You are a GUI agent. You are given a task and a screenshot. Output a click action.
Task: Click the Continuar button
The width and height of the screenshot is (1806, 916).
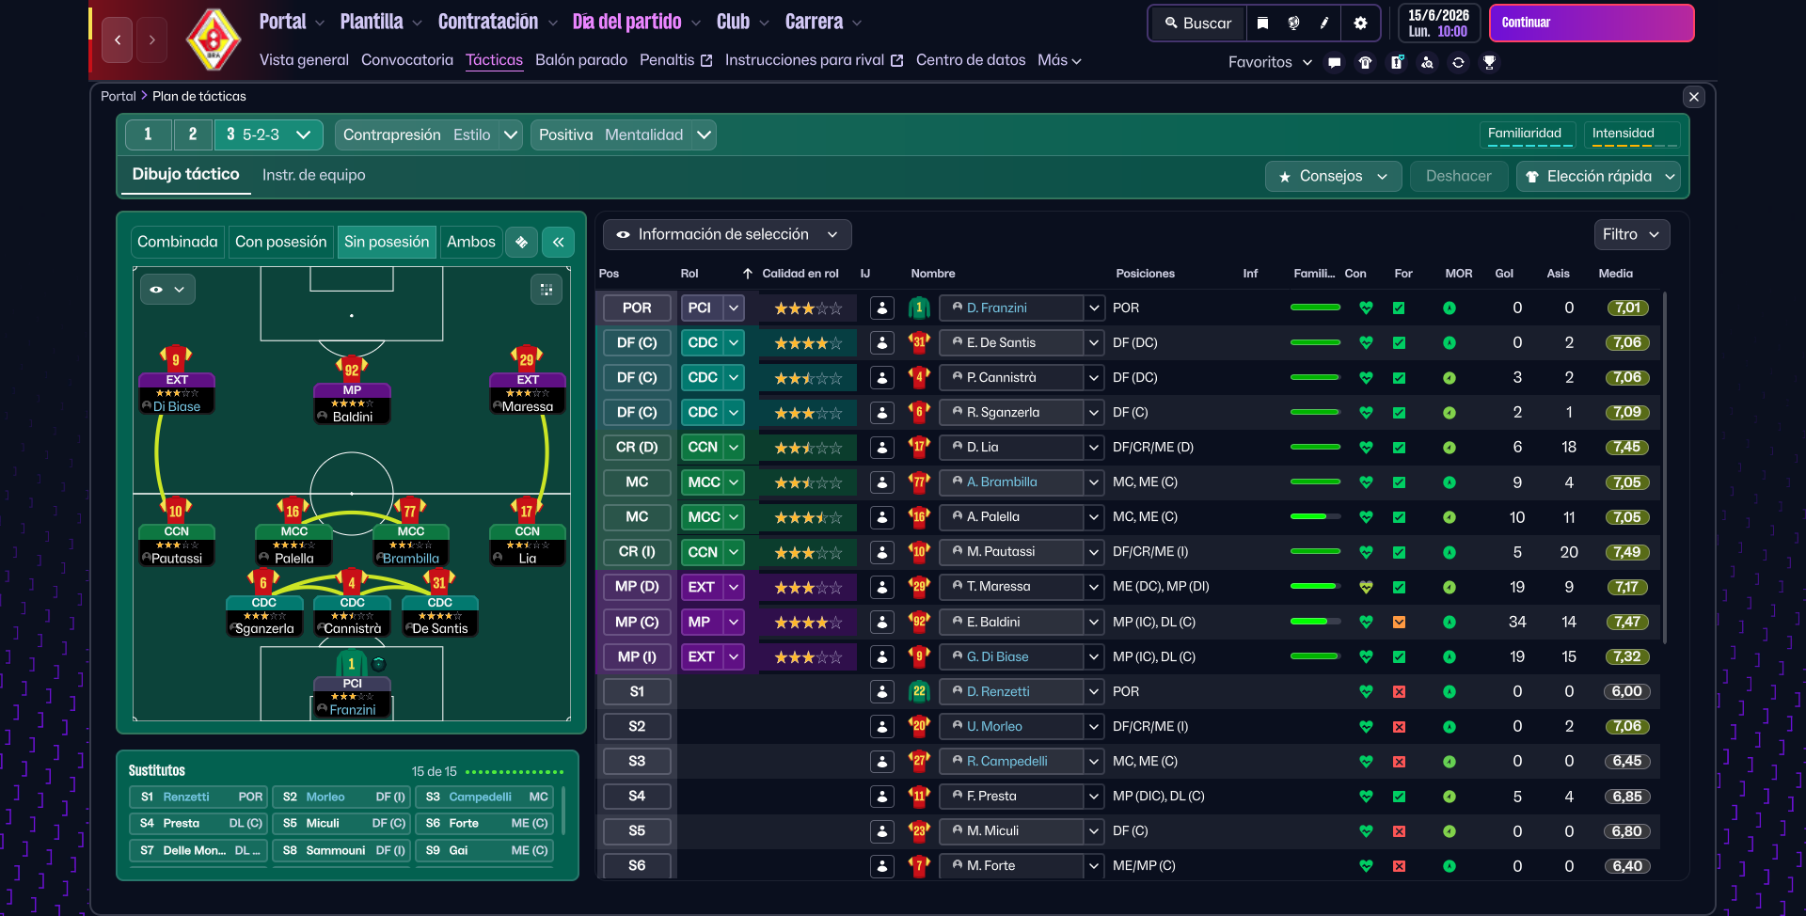[x=1591, y=23]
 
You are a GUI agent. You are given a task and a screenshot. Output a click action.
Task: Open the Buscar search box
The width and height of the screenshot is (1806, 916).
[x=1197, y=24]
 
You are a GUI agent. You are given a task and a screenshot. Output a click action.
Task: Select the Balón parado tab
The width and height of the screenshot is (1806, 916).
[x=580, y=60]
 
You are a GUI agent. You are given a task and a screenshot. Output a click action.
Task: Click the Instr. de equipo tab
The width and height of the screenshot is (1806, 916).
[x=313, y=175]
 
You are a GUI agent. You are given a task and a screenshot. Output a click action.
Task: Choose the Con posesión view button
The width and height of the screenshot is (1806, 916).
[x=280, y=242]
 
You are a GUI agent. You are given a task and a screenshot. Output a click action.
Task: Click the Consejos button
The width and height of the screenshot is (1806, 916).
[x=1332, y=177]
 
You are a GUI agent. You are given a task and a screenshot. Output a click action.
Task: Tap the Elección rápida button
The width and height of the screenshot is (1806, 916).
[x=1599, y=177]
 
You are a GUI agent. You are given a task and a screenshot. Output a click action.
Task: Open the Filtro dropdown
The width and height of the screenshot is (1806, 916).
[x=1631, y=234]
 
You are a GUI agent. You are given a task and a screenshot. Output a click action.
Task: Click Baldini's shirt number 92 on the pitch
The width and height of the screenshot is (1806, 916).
[x=352, y=370]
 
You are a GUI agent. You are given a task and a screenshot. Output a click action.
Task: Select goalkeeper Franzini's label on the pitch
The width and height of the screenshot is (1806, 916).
[x=352, y=710]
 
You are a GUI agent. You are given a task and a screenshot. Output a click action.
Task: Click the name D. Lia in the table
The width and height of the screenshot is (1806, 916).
[x=983, y=448]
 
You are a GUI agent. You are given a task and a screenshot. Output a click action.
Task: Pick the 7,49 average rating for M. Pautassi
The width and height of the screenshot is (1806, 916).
[x=1626, y=552]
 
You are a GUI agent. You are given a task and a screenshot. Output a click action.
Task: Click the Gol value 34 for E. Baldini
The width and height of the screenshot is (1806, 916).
[x=1516, y=622]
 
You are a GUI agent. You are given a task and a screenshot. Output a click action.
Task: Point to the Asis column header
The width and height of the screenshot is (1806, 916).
[x=1558, y=274]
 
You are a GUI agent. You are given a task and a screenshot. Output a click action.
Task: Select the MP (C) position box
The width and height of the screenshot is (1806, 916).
[x=637, y=622]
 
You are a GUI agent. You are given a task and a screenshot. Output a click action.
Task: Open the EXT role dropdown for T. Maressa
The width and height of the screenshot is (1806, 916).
[x=734, y=587]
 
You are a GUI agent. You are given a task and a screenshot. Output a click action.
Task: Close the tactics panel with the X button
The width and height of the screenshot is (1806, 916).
[x=1693, y=97]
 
